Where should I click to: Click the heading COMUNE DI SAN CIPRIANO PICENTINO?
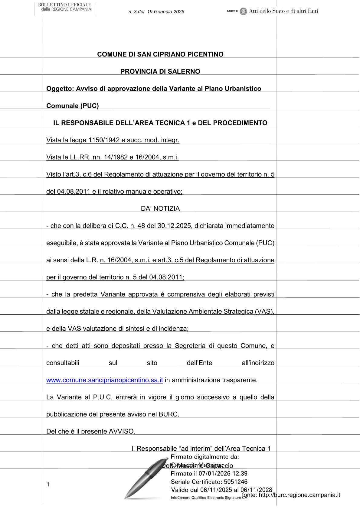(160, 54)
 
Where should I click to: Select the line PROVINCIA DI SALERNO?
(160, 72)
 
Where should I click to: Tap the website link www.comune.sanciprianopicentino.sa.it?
(105, 380)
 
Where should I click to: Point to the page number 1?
(48, 485)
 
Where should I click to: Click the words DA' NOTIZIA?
(160, 209)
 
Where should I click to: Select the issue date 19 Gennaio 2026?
(166, 12)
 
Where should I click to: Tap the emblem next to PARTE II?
(243, 11)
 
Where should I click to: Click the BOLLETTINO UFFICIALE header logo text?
(65, 7)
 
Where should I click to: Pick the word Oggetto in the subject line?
(59, 89)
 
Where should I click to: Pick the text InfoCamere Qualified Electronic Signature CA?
(209, 498)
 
